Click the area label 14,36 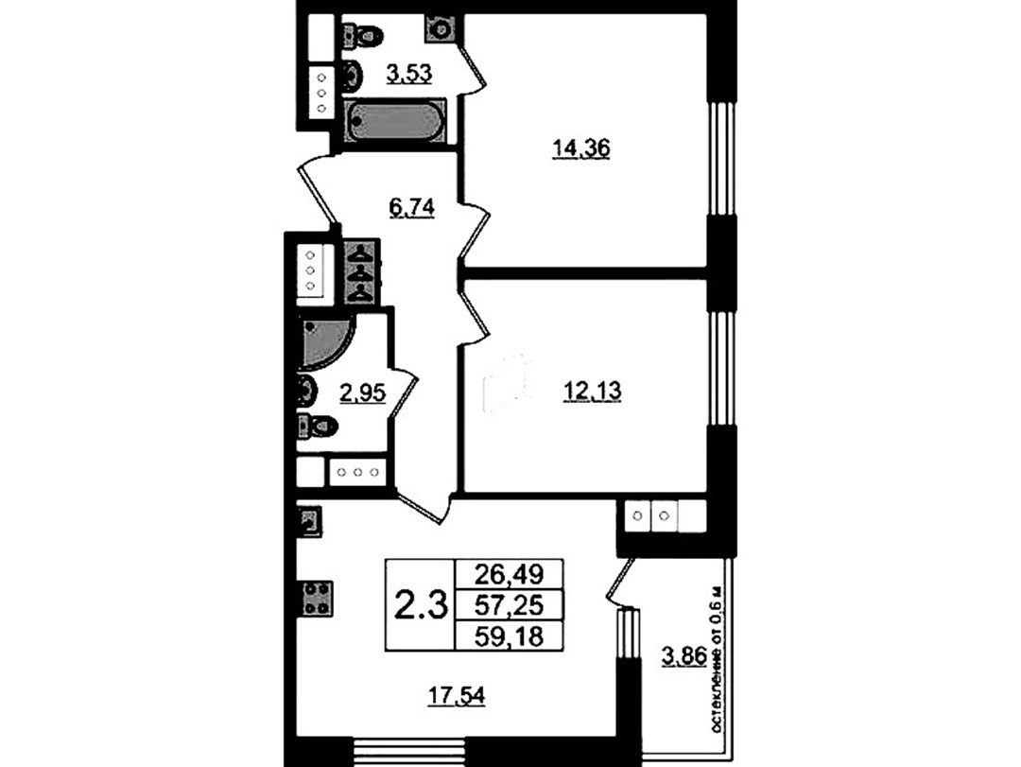(580, 149)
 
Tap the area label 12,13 (591, 392)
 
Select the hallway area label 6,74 (411, 208)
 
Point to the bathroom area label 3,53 (409, 74)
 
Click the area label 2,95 (363, 392)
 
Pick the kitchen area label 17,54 (457, 697)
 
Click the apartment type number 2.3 (422, 605)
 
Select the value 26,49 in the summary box (509, 574)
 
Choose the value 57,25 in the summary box (509, 605)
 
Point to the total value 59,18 (509, 636)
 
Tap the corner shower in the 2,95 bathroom (325, 343)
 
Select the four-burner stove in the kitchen (317, 599)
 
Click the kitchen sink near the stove (310, 521)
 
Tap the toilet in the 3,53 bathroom (361, 33)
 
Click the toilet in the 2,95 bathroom (317, 427)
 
